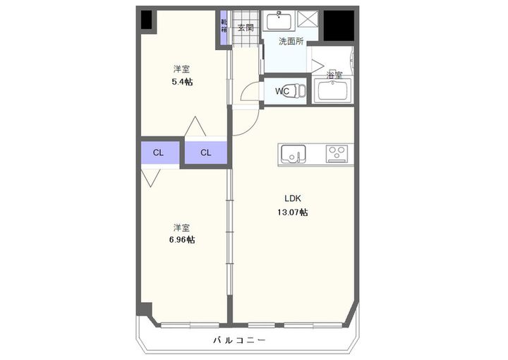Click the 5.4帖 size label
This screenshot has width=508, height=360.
click(x=182, y=82)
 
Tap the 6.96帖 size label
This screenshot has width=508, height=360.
click(x=182, y=240)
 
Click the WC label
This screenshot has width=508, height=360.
click(x=282, y=91)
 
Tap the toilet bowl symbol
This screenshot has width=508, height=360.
click(x=299, y=91)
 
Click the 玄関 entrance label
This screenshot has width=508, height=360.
click(x=245, y=28)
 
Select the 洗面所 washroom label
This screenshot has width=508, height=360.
click(x=290, y=42)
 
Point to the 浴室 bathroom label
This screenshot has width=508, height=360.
click(x=334, y=75)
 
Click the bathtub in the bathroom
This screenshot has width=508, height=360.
click(x=333, y=90)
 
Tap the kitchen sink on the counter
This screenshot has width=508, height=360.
click(x=292, y=152)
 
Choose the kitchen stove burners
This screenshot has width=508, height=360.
click(x=337, y=152)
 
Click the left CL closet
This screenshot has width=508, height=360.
click(x=159, y=152)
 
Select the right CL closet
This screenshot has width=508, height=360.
click(x=205, y=152)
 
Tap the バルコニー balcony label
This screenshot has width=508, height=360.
click(x=239, y=341)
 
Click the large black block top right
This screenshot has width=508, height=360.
click(x=339, y=25)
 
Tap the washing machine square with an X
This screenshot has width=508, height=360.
click(x=309, y=19)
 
